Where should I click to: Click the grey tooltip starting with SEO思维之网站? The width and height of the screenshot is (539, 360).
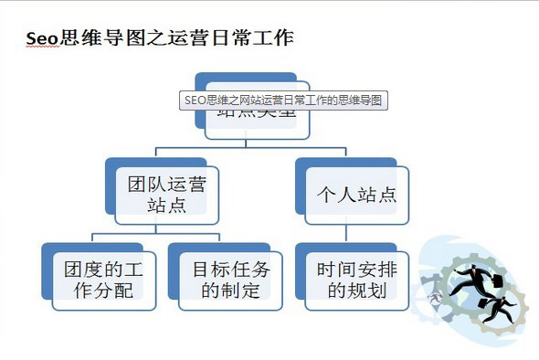[x=283, y=100]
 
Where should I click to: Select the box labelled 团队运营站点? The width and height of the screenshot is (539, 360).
[x=166, y=195]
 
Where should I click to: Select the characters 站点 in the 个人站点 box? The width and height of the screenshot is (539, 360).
[x=376, y=195]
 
